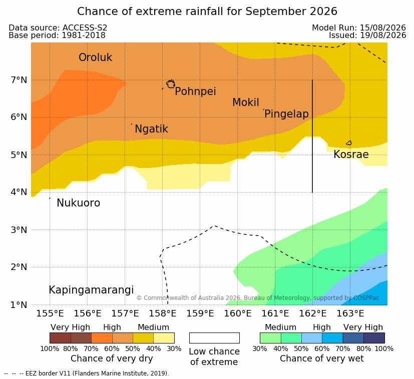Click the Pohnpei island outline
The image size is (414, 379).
pos(171,80)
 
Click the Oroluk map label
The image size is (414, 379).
pos(95,57)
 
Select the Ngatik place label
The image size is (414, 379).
pos(151,129)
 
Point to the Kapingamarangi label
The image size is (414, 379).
pos(91,290)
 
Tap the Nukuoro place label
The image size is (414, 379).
pos(79,203)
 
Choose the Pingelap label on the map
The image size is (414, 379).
pos(286,114)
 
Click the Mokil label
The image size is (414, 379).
pos(246,102)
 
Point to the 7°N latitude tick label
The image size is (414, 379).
pos(19,80)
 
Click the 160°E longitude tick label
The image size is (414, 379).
pos(238,313)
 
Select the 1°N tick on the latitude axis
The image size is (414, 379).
pos(19,305)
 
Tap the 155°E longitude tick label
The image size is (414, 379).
pos(50,313)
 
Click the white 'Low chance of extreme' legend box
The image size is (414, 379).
pos(214,338)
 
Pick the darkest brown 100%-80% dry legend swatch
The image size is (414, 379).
pos(60,338)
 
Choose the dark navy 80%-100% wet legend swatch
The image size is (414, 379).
pos(374,338)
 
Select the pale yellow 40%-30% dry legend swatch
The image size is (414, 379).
pos(164,338)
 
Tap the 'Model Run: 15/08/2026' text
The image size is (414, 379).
pos(359,27)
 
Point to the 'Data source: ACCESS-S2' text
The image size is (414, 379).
pos(58,27)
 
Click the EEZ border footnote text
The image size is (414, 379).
pos(86,373)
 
